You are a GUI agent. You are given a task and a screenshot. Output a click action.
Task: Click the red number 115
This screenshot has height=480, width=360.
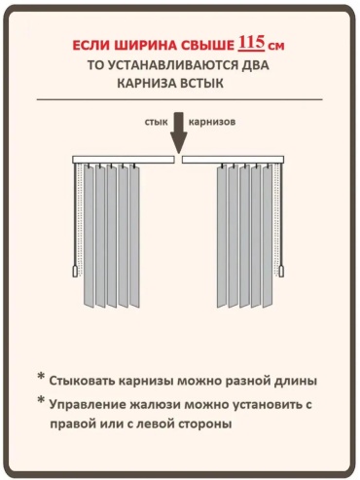pyautogui.click(x=252, y=43)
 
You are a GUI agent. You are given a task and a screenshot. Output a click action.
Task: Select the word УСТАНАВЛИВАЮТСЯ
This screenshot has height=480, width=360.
pyautogui.click(x=174, y=65)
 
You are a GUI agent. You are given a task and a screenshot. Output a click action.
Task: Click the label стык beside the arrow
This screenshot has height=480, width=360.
pyautogui.click(x=157, y=122)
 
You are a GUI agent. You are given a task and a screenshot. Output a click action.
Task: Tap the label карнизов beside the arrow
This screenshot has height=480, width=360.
pyautogui.click(x=212, y=122)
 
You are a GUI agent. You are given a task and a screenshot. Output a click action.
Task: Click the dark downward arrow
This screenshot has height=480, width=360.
pyautogui.click(x=179, y=132)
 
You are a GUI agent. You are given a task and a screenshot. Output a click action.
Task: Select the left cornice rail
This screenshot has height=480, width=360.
pyautogui.click(x=124, y=160)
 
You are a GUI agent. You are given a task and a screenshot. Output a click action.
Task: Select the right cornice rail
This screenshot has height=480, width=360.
pyautogui.click(x=233, y=160)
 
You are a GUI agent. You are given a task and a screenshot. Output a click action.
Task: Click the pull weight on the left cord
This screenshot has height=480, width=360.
pyautogui.click(x=75, y=271)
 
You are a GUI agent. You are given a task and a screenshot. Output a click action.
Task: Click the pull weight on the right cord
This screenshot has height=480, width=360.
pyautogui.click(x=281, y=271)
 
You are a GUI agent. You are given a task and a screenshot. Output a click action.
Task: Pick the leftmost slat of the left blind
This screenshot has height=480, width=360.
pyautogui.click(x=89, y=236)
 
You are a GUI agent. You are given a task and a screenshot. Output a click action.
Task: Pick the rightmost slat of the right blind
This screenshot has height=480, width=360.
pyautogui.click(x=268, y=236)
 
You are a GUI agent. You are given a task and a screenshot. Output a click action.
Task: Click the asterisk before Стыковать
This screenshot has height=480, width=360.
pyautogui.click(x=41, y=377)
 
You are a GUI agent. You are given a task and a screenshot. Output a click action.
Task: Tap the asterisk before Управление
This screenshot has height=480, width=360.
pyautogui.click(x=41, y=400)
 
